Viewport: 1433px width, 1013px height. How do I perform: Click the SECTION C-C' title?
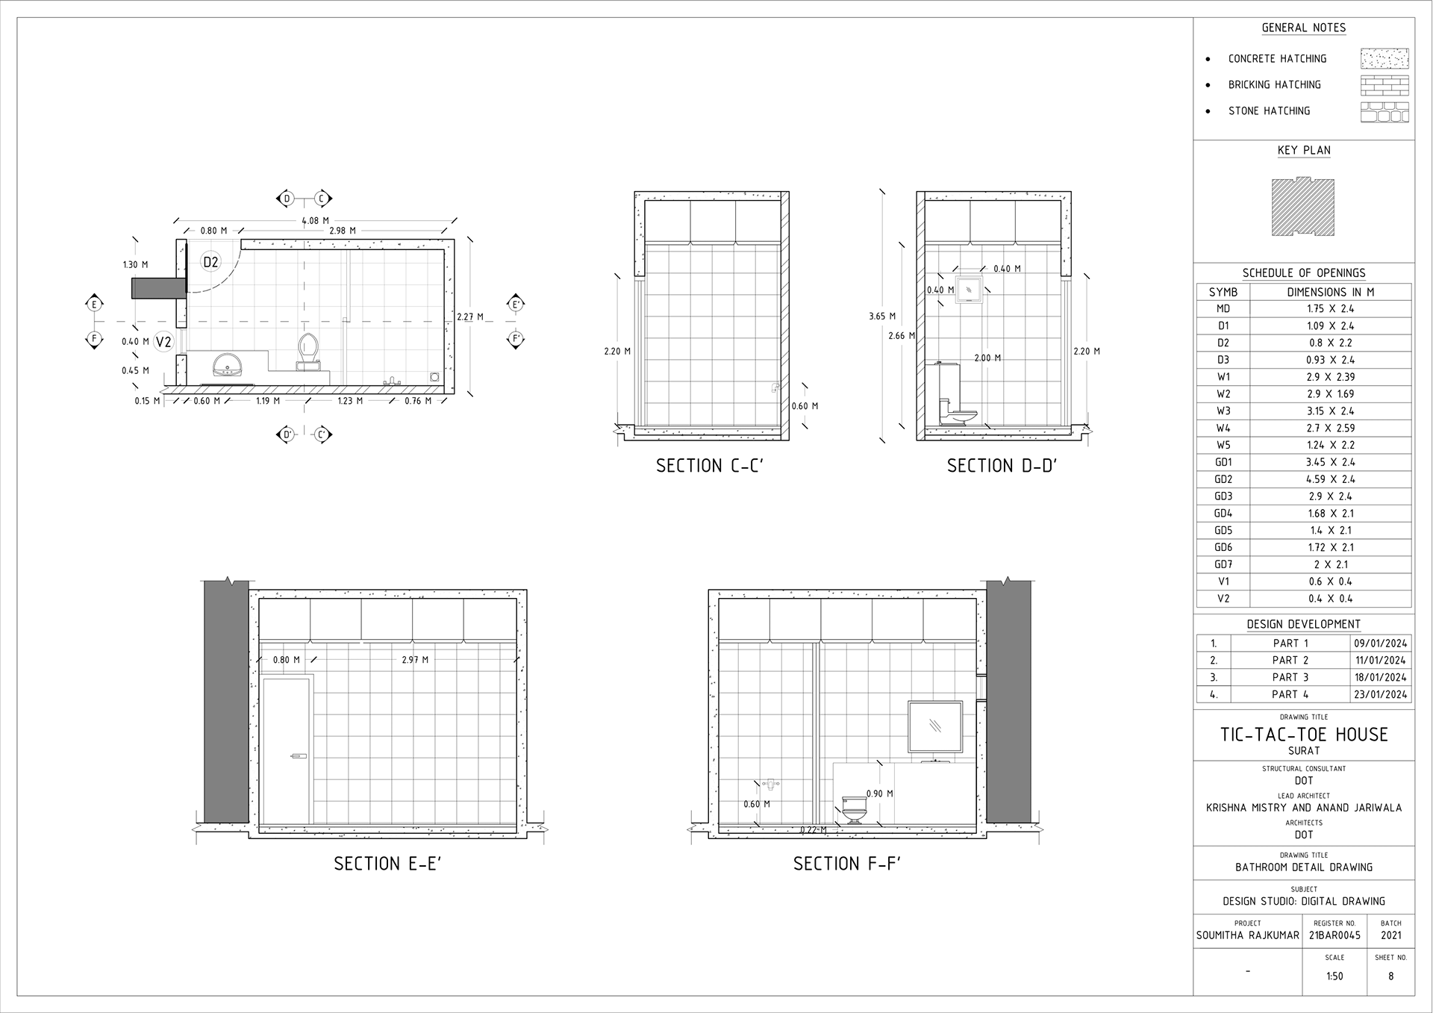point(710,466)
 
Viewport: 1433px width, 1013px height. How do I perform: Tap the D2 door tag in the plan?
point(210,262)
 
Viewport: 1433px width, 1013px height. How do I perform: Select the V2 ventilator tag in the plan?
point(163,342)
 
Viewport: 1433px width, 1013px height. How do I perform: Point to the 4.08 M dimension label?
point(315,221)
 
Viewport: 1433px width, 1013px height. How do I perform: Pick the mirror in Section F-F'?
point(934,726)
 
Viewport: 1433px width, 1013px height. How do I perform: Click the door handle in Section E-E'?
point(299,757)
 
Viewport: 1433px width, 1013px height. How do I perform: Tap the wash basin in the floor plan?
point(227,366)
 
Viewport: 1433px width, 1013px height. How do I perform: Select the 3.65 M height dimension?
point(881,317)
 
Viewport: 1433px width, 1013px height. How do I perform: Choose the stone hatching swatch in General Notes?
point(1384,112)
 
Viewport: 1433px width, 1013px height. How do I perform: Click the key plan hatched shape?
point(1303,206)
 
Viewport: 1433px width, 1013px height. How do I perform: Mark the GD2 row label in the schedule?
point(1223,479)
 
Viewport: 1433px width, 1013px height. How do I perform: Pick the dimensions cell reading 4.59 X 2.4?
point(1330,479)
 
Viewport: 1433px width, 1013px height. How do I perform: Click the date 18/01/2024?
point(1381,677)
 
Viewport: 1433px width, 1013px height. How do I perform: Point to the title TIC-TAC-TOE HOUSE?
point(1304,735)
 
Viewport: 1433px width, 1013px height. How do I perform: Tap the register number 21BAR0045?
point(1334,935)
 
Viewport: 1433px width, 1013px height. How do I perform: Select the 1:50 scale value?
point(1334,976)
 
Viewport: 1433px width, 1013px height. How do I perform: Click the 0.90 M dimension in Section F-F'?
point(880,794)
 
